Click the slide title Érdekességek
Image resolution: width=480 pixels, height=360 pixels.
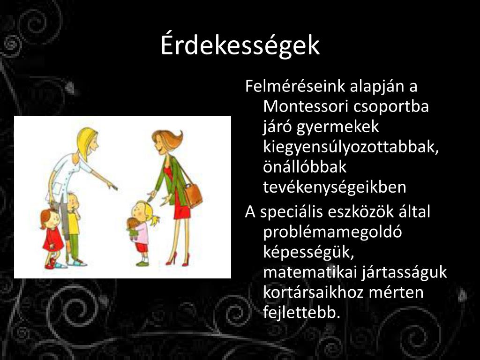pos(240,45)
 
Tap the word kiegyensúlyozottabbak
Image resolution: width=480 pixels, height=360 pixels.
pos(351,147)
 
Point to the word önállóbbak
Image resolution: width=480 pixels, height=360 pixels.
pos(305,167)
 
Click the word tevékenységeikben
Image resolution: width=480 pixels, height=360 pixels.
pos(335,187)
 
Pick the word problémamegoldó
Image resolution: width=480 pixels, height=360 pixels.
pos(332,232)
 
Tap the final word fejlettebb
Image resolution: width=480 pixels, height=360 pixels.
pos(302,313)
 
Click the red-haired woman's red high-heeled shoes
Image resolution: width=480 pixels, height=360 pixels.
pos(178,259)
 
